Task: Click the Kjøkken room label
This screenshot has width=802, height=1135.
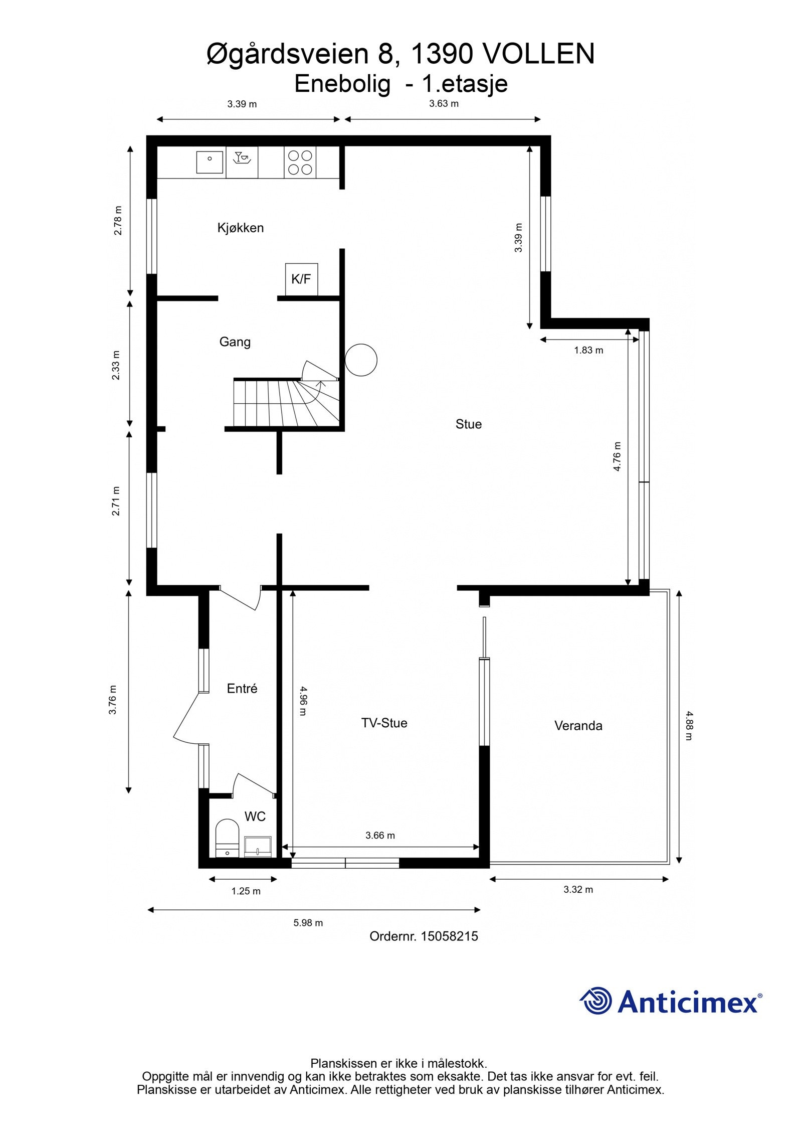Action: click(240, 228)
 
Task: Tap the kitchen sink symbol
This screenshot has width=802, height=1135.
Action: click(210, 161)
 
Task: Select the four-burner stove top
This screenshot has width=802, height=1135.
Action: click(300, 162)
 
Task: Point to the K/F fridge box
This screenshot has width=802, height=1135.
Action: click(301, 279)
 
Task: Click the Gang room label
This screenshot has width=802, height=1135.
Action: click(235, 342)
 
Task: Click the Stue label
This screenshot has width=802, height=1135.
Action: click(468, 424)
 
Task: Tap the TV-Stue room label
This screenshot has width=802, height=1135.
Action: click(384, 723)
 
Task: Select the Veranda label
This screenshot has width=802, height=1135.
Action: click(578, 725)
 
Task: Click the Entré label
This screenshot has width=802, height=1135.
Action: click(242, 688)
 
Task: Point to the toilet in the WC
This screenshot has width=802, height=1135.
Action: click(227, 838)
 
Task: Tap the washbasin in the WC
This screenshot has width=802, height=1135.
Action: click(258, 847)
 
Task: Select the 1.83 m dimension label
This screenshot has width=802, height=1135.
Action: click(588, 350)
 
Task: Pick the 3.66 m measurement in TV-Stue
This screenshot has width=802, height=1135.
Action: click(380, 835)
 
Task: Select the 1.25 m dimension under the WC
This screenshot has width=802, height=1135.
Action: click(246, 891)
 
